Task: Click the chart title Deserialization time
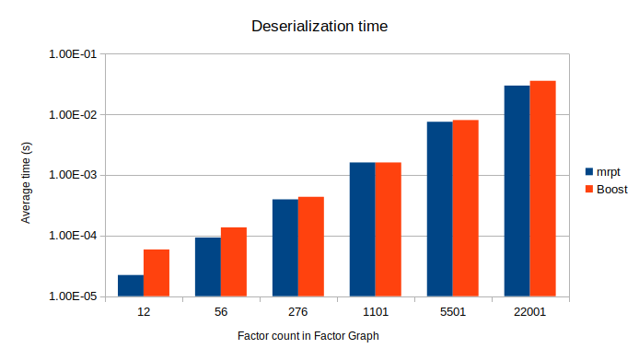pyautogui.click(x=319, y=27)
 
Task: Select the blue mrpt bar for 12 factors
pyautogui.click(x=131, y=286)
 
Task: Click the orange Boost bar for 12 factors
pyautogui.click(x=157, y=273)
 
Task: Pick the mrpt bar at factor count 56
pyautogui.click(x=208, y=267)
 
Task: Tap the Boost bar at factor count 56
pyautogui.click(x=234, y=262)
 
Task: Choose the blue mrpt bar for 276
pyautogui.click(x=285, y=248)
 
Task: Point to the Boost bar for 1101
pyautogui.click(x=388, y=229)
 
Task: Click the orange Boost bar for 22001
pyautogui.click(x=542, y=189)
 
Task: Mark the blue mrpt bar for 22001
pyautogui.click(x=517, y=191)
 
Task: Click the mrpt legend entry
pyautogui.click(x=608, y=171)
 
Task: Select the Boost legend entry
pyautogui.click(x=610, y=189)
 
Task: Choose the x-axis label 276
pyautogui.click(x=297, y=312)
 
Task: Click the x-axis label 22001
pyautogui.click(x=529, y=312)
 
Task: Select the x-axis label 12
pyautogui.click(x=144, y=312)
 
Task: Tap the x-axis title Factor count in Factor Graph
pyautogui.click(x=308, y=336)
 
